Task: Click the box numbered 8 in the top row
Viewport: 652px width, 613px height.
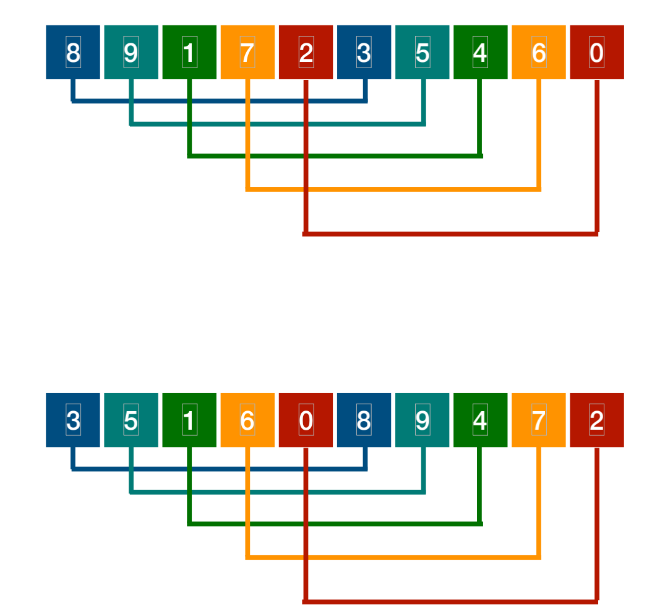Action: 73,53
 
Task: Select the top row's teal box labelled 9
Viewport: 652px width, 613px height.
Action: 131,53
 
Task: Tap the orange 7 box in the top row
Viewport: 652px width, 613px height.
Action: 247,53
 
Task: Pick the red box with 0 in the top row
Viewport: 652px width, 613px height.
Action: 596,53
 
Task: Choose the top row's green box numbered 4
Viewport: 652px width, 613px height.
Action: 480,53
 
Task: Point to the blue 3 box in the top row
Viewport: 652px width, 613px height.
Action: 364,53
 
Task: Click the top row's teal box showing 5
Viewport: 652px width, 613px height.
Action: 422,53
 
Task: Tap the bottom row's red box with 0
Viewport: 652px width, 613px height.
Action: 306,420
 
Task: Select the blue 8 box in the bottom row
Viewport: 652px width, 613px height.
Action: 364,420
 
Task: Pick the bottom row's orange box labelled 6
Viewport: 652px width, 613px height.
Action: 247,420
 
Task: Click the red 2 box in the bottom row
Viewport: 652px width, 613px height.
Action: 596,420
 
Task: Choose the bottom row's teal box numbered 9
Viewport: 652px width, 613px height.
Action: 422,420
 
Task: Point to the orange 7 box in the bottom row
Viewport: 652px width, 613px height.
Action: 538,420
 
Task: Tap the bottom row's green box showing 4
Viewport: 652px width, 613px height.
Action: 480,420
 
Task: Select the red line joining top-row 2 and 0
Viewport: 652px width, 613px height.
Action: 452,234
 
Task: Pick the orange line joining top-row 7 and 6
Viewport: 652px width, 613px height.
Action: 393,189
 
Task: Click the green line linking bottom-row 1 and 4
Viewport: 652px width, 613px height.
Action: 335,524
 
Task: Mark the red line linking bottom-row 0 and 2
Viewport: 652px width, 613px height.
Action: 452,601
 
